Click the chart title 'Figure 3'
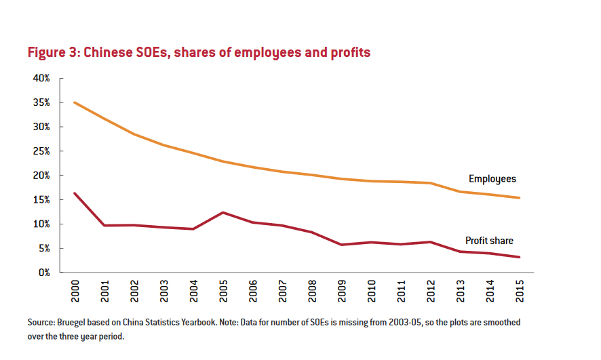53,53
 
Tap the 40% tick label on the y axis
41,79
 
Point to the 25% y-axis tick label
41,151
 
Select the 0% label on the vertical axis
44,273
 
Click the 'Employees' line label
492,179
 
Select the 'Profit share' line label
489,241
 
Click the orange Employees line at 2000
74,102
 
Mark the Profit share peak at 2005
222,212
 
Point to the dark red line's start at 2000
74,193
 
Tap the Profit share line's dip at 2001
104,225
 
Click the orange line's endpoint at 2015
520,198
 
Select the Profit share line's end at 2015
520,257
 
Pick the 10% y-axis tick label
41,224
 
